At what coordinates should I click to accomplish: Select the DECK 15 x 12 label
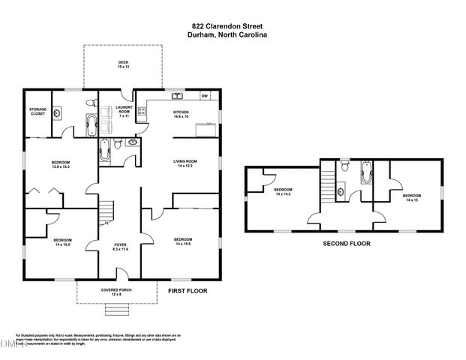pyautogui.click(x=123, y=64)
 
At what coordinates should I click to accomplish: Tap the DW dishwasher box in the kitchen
pyautogui.click(x=204, y=96)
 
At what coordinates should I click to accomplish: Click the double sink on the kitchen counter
pyautogui.click(x=178, y=96)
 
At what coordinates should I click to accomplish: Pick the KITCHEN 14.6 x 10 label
pyautogui.click(x=182, y=115)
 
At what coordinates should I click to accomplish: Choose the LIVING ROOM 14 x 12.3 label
pyautogui.click(x=185, y=163)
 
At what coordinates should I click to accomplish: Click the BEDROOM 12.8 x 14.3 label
pyautogui.click(x=61, y=165)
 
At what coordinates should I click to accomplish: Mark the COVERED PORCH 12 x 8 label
pyautogui.click(x=117, y=291)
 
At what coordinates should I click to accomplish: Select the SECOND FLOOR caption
pyautogui.click(x=346, y=243)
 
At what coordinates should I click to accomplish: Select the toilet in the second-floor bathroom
pyautogui.click(x=344, y=167)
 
